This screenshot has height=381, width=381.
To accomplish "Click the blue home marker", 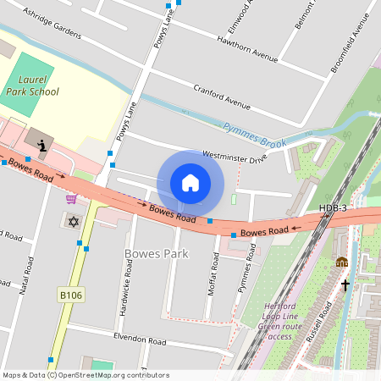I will pos(190,182).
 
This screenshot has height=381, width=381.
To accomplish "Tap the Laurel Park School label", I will pos(34,85).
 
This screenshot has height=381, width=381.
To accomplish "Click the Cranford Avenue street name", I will pos(222,97).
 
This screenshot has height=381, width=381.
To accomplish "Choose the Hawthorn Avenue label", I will pos(247,49).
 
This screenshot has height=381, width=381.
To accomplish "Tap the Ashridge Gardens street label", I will pos(52,25).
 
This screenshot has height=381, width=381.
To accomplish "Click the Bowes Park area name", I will pos(156,253).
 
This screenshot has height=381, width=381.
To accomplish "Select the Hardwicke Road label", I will pos(127,285).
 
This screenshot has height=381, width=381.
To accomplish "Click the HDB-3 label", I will pos(333,208).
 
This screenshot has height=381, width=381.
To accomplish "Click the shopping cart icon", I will pos(71,199).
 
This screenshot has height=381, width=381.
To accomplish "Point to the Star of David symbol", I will pos(72,221).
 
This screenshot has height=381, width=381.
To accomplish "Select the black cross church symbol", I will pos(345,284).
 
